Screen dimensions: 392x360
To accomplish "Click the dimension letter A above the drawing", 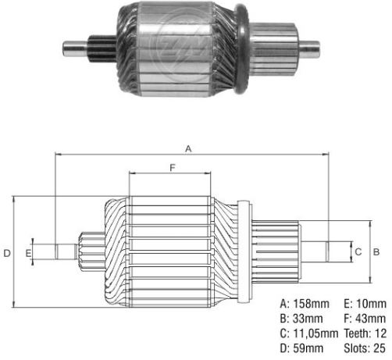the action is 188,149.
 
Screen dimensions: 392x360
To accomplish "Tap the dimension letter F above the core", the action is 173,168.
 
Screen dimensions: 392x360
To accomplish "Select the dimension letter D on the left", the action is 7,253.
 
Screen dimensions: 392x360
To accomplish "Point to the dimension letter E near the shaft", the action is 28,253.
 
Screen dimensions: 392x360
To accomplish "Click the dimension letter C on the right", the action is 358,251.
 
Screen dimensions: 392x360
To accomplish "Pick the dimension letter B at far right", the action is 376,251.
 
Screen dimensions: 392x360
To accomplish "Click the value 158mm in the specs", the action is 312,304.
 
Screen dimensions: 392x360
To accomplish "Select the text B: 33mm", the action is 301,319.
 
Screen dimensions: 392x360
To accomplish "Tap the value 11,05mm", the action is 315,333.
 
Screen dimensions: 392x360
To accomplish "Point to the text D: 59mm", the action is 301,348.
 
